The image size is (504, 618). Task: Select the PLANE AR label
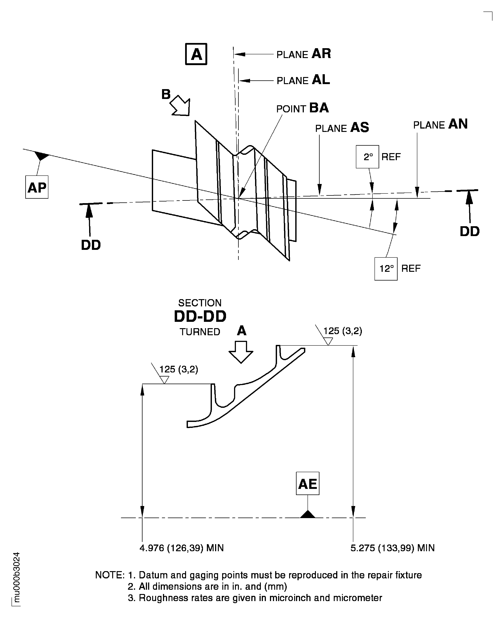(x=303, y=54)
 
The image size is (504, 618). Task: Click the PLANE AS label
(x=342, y=128)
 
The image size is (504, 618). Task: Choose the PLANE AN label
(x=440, y=124)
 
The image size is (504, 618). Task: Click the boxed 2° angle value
(x=367, y=157)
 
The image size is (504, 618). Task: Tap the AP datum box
(x=37, y=187)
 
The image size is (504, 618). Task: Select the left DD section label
(x=91, y=245)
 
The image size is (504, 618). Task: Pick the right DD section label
(x=469, y=231)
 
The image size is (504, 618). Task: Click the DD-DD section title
(x=200, y=316)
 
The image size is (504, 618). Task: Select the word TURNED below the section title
(x=200, y=332)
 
